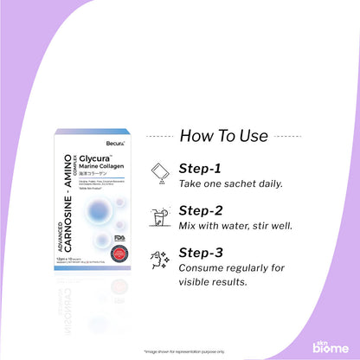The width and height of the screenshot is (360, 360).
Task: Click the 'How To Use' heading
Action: (x=229, y=135)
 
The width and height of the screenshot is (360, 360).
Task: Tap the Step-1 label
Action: (x=202, y=169)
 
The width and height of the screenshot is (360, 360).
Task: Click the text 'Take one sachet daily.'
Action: (x=233, y=184)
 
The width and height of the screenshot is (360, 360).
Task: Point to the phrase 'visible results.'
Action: (x=220, y=282)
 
